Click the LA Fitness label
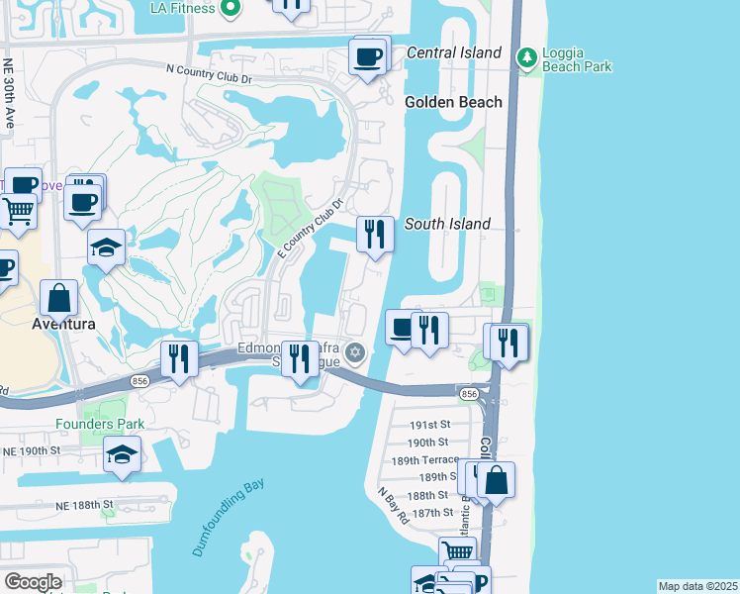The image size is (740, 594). click(182, 8)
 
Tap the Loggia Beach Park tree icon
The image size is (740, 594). click(526, 57)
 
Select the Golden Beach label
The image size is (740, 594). click(453, 102)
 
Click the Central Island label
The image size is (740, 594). click(453, 51)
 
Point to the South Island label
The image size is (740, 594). click(447, 224)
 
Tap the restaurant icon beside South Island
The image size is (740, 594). click(374, 234)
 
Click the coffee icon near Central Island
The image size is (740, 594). click(369, 55)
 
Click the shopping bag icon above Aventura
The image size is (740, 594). click(60, 296)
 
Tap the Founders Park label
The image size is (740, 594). click(100, 424)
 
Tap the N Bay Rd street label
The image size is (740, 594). click(393, 503)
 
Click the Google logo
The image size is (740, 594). click(32, 582)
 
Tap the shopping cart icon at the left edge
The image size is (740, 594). click(17, 212)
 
